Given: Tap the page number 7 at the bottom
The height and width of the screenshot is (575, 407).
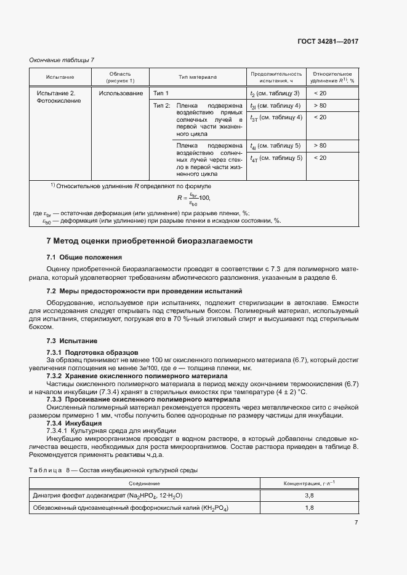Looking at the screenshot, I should click(356, 522).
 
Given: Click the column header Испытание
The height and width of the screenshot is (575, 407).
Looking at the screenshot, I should click(60, 77).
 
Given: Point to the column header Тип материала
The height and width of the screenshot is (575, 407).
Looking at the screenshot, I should click(198, 77).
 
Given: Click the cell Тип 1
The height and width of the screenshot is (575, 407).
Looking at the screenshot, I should click(161, 93).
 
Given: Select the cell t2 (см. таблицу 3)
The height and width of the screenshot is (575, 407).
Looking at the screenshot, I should click(275, 93).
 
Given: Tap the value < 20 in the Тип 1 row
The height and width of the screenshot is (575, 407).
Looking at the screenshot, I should click(320, 93).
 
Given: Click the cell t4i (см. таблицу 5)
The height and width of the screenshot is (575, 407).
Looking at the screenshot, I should click(275, 145).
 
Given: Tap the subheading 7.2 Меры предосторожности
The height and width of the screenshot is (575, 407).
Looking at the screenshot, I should click(145, 290).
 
